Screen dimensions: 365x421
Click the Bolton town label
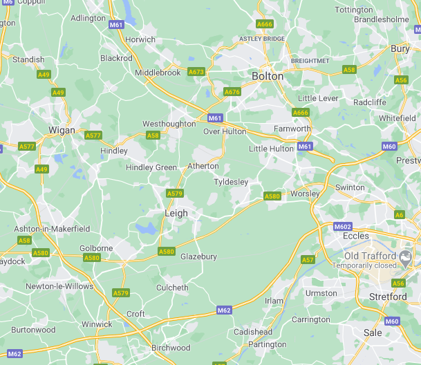(x=268, y=76)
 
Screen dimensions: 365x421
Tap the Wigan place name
(x=62, y=130)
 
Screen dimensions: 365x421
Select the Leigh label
(x=176, y=214)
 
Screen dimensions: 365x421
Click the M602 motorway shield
(x=342, y=227)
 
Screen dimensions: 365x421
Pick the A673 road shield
(x=196, y=72)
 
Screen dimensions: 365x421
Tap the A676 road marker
(x=232, y=92)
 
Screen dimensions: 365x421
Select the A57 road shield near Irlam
(x=308, y=259)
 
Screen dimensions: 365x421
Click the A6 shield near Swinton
(x=400, y=215)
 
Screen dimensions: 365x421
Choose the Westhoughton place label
(x=169, y=124)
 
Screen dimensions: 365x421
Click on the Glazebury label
(x=198, y=256)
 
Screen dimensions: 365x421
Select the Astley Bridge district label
(x=262, y=39)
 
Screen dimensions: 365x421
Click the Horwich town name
(x=140, y=39)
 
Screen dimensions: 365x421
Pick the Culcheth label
(x=172, y=288)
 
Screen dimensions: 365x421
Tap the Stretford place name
(x=388, y=297)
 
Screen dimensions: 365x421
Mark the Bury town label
(x=400, y=48)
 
